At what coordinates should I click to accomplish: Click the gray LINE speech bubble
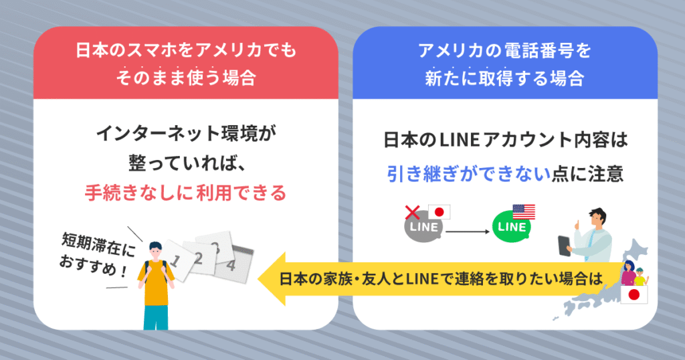(x=423, y=228)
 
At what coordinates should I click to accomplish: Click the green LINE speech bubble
(x=512, y=228)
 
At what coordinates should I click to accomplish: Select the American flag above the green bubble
(x=524, y=211)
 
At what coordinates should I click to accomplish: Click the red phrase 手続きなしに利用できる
(x=185, y=193)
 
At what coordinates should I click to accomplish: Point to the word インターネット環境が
(x=185, y=134)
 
